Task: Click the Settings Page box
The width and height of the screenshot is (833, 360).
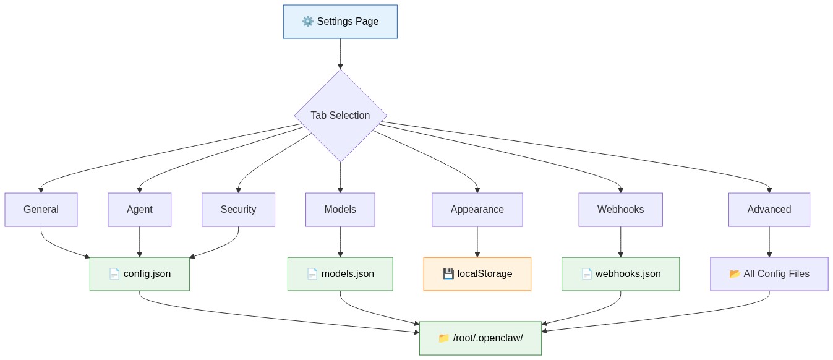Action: (340, 22)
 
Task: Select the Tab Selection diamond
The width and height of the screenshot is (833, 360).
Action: (340, 116)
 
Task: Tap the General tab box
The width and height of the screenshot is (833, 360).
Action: (41, 210)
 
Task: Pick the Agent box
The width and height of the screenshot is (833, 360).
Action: (139, 210)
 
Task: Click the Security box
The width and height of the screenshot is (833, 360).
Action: (238, 210)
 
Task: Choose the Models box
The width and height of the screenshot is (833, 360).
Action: (340, 210)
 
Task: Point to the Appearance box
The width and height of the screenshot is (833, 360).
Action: (477, 210)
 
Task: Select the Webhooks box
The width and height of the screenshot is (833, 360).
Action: (620, 210)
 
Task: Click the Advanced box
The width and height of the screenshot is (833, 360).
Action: (769, 210)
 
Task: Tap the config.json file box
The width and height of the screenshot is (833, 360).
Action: (139, 274)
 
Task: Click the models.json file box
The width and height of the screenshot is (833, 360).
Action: (340, 274)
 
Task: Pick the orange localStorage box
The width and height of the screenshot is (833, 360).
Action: (477, 274)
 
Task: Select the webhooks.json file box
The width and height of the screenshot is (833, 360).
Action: (620, 274)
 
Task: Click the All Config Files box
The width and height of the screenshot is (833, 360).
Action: (769, 274)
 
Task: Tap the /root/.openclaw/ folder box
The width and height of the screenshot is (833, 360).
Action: (480, 338)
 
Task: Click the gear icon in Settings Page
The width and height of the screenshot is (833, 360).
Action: (307, 22)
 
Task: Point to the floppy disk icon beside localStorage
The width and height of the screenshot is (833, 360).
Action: (448, 274)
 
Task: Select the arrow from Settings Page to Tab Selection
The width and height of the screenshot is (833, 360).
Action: (340, 53)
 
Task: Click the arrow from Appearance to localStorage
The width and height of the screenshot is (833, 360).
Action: (477, 242)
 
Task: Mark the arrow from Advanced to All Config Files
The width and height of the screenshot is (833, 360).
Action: (769, 242)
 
